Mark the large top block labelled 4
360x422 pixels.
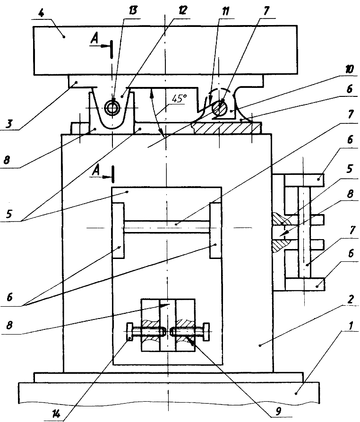165,49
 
